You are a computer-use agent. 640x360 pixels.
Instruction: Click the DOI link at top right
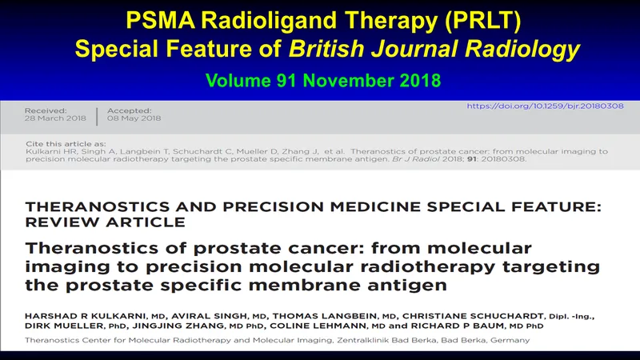[545, 106]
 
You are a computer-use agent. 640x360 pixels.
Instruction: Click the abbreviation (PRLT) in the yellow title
[483, 21]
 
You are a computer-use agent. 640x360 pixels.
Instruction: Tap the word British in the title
[326, 49]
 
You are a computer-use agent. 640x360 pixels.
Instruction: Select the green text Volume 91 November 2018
[323, 81]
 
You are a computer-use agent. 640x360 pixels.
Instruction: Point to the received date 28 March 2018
[55, 118]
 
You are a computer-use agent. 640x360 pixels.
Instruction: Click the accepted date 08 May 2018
[134, 118]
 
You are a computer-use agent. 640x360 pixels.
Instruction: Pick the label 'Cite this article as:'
[66, 144]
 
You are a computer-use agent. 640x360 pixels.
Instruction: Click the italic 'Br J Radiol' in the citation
[416, 158]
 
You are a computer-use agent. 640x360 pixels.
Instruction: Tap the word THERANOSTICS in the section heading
[97, 206]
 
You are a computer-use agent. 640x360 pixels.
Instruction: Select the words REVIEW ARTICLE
[106, 222]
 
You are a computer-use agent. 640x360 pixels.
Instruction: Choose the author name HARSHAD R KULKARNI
[86, 316]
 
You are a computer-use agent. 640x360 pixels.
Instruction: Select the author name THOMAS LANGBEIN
[325, 316]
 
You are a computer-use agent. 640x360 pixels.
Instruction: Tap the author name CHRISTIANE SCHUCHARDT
[473, 316]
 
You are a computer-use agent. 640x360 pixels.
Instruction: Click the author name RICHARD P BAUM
[457, 326]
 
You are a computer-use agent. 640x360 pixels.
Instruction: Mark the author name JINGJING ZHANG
[178, 326]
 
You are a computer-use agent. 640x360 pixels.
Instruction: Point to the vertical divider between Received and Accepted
[97, 116]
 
